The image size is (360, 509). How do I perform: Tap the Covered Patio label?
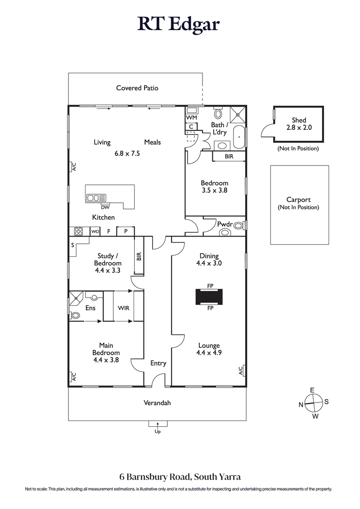pos(137,88)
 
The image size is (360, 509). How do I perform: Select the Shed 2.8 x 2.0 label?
pos(299,124)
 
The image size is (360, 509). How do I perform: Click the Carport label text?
pos(299,200)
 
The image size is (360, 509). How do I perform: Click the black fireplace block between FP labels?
pos(210,297)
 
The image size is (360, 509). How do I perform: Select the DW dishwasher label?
pos(105,207)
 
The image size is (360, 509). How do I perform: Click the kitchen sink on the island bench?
pos(96,197)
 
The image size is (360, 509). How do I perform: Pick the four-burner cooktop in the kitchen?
pos(78,232)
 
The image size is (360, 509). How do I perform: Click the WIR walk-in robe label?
pos(124,308)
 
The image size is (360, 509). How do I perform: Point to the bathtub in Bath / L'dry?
pos(239,138)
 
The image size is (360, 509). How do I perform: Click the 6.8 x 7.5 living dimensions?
pos(127,153)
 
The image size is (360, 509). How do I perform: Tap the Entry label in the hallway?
pos(158,363)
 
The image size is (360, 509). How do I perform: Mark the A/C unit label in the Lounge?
pos(241,371)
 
